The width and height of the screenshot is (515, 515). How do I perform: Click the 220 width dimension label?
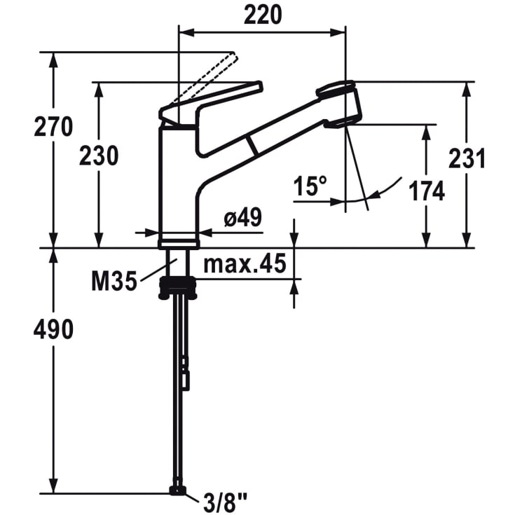tap(263, 15)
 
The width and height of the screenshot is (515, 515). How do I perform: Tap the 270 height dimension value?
tap(53, 127)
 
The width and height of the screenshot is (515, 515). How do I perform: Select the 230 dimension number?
tap(99, 156)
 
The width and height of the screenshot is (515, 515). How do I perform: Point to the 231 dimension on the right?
tap(467, 158)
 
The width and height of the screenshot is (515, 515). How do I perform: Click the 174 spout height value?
tap(427, 191)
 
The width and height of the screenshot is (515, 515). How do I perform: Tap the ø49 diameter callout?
tap(243, 217)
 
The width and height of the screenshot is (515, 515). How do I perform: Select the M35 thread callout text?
tap(114, 281)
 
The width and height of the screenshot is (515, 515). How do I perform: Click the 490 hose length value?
tap(53, 330)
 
